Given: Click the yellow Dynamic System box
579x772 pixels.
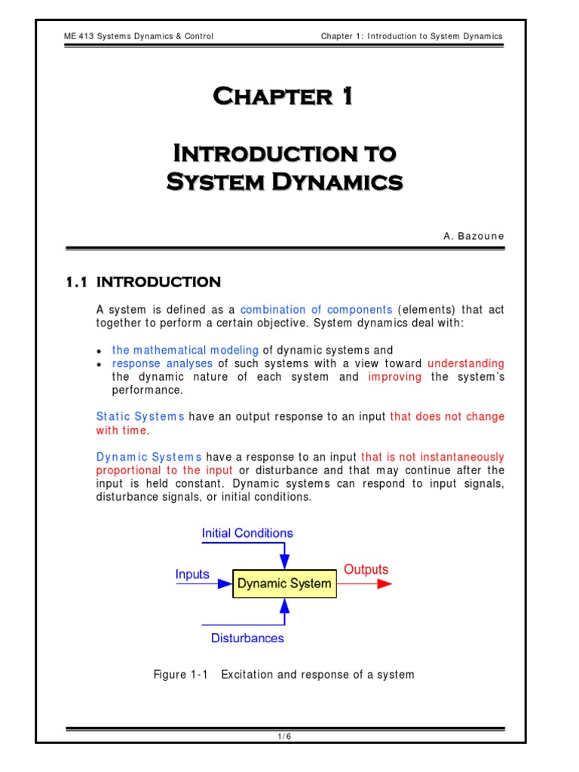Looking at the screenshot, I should click(x=284, y=584).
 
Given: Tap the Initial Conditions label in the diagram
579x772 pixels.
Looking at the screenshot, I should click(x=247, y=533).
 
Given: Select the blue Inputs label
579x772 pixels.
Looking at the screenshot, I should click(x=192, y=574).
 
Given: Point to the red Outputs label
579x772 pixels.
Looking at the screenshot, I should click(x=366, y=569).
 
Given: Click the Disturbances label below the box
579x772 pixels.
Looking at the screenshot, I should click(x=247, y=638).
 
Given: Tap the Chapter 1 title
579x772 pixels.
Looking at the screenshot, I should click(x=283, y=96).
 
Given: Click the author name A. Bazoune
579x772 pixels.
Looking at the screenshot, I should click(x=473, y=236).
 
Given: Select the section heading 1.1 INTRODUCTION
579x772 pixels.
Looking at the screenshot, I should click(x=143, y=282).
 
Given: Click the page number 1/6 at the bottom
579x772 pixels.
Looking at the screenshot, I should click(x=284, y=737).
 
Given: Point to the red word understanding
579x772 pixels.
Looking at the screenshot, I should click(x=465, y=363).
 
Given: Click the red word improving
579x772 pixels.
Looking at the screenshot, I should click(x=394, y=377).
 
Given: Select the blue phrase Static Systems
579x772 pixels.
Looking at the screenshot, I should click(x=140, y=417).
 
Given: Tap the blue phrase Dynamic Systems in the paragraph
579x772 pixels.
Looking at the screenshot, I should click(x=149, y=458).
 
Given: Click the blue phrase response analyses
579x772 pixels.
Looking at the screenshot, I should click(x=162, y=363).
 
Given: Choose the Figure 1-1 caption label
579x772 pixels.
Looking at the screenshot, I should click(x=180, y=674).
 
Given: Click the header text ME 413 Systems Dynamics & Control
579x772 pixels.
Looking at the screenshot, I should click(x=139, y=36).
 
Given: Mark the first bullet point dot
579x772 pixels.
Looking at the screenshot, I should click(x=100, y=351).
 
